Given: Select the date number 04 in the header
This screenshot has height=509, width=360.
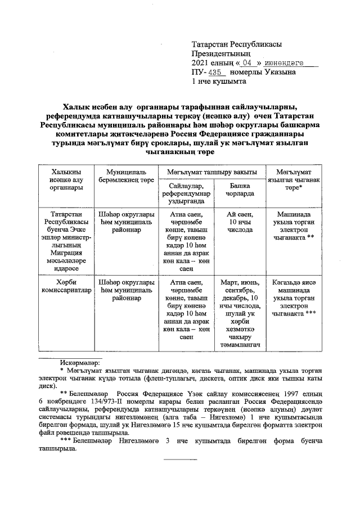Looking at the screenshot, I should [x=240, y=62].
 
